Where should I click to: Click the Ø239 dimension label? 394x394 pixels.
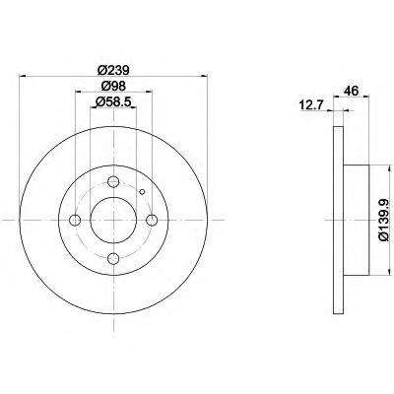pyautogui.click(x=114, y=70)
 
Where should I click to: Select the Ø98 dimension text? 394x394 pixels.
pyautogui.click(x=113, y=86)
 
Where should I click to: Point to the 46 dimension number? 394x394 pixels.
pyautogui.click(x=351, y=91)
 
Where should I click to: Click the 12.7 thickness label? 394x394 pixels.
pyautogui.click(x=311, y=105)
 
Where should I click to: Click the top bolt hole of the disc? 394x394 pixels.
pyautogui.click(x=113, y=181)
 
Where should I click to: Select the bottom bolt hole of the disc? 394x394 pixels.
pyautogui.click(x=113, y=258)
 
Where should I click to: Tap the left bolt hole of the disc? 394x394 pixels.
pyautogui.click(x=75, y=220)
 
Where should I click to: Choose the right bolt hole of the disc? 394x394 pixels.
pyautogui.click(x=152, y=220)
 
